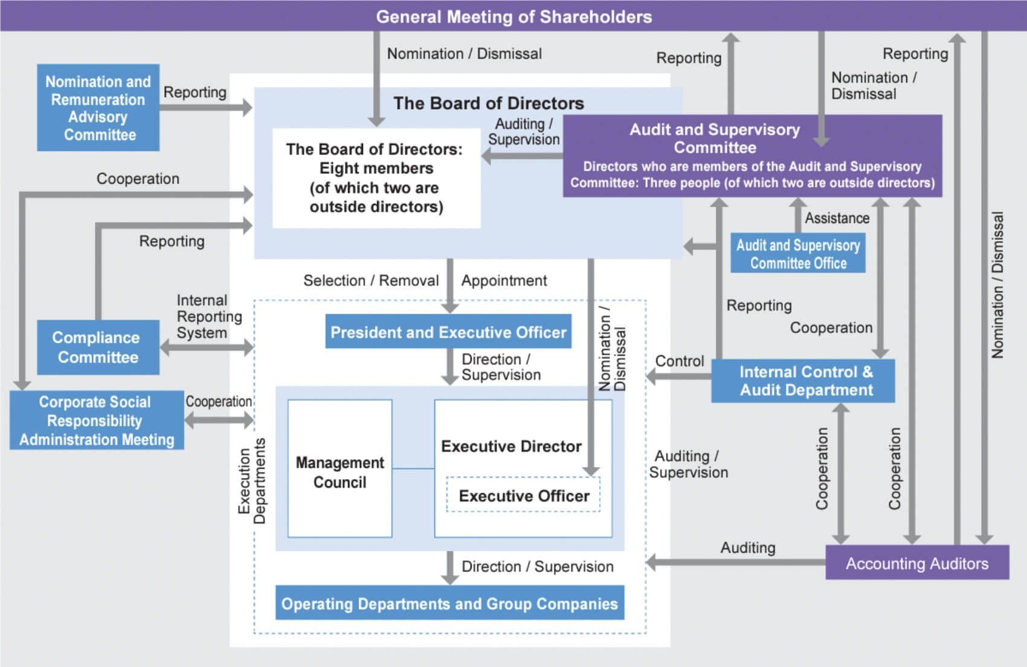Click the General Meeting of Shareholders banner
513,16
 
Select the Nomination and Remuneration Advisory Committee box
98,108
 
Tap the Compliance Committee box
98,347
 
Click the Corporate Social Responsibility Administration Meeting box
97,420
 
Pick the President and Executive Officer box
448,332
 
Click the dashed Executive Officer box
523,495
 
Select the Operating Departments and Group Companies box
449,603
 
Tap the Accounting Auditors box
916,563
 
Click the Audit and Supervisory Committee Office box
797,254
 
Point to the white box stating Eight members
376,178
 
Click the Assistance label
837,218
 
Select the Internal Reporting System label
208,316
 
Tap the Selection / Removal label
370,280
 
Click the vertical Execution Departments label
251,480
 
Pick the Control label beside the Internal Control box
679,361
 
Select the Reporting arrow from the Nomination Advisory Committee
205,108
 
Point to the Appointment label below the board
504,280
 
